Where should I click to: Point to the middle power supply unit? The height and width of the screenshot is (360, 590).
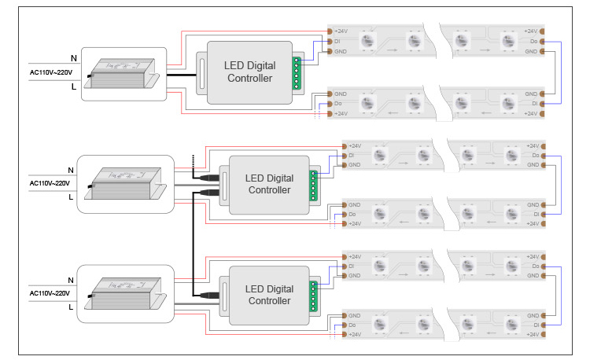[130, 184]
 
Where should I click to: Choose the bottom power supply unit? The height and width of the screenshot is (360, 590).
[130, 294]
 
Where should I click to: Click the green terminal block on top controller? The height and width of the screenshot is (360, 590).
[297, 73]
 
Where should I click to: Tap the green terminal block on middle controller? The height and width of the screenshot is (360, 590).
[313, 186]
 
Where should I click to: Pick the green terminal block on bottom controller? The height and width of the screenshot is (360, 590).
[313, 295]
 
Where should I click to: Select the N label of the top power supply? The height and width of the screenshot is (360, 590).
[73, 58]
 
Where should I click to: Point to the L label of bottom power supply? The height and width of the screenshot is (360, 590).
[72, 307]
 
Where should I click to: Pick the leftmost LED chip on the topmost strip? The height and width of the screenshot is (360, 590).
[367, 40]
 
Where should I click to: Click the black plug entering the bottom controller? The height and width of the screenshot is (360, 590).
[211, 295]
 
